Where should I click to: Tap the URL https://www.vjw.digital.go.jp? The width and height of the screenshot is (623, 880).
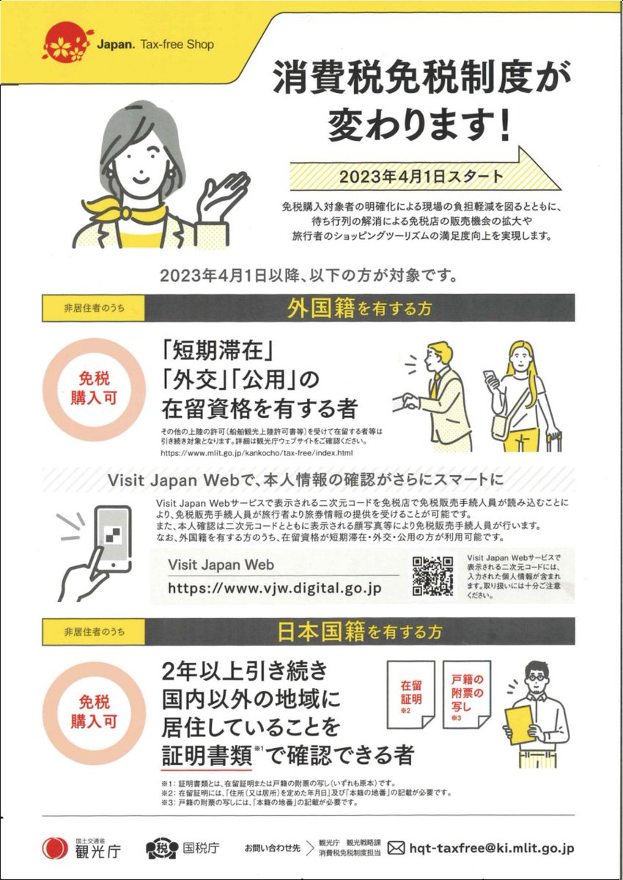pos(275,588)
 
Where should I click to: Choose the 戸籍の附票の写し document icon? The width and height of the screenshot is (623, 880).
pos(466,692)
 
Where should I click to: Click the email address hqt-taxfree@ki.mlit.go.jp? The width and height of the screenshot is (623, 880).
pos(491,848)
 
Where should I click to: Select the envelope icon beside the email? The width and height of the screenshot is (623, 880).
pos(395,848)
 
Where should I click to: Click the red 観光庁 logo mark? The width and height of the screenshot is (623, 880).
pos(56,848)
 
